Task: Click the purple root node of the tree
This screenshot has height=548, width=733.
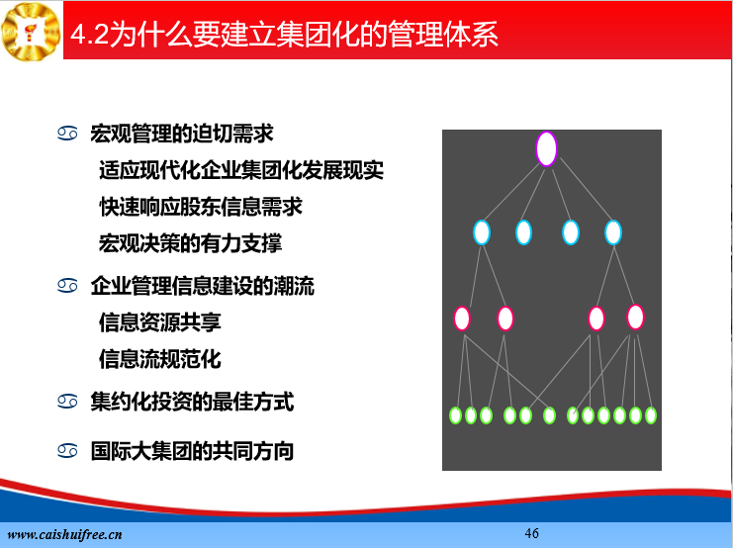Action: click(546, 148)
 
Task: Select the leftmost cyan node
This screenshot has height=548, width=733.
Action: click(482, 232)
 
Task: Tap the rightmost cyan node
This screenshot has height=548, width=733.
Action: click(613, 232)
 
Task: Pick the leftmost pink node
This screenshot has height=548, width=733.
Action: click(462, 319)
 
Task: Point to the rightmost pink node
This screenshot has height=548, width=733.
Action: click(635, 317)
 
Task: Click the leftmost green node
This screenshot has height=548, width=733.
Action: click(455, 415)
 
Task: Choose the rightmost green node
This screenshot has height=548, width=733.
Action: click(651, 415)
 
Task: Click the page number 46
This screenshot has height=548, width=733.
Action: click(531, 533)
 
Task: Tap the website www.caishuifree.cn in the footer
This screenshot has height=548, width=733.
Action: click(64, 535)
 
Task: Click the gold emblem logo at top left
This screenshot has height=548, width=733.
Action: click(31, 32)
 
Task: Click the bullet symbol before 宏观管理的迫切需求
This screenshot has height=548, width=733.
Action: click(67, 134)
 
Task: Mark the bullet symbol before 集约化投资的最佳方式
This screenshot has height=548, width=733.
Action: click(67, 402)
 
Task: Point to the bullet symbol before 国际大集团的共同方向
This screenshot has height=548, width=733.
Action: click(67, 451)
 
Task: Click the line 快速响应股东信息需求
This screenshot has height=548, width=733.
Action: click(201, 207)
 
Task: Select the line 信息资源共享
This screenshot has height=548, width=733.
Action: click(160, 322)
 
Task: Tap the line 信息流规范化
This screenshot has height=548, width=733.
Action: click(160, 359)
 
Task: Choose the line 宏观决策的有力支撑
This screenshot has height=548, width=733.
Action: click(190, 243)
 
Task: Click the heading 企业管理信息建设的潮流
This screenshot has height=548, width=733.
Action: click(203, 286)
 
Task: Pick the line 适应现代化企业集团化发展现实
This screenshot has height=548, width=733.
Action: click(241, 170)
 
